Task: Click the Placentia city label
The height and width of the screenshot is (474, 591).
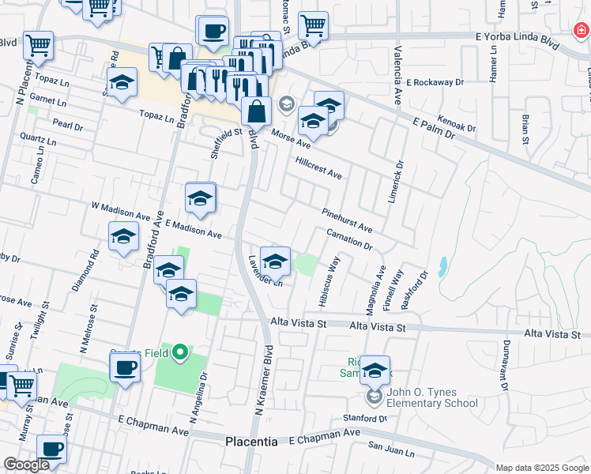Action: click(251, 442)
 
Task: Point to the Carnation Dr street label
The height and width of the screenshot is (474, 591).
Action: click(348, 239)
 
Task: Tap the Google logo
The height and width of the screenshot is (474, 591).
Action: click(26, 465)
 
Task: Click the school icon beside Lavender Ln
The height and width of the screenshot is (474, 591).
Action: click(275, 261)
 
